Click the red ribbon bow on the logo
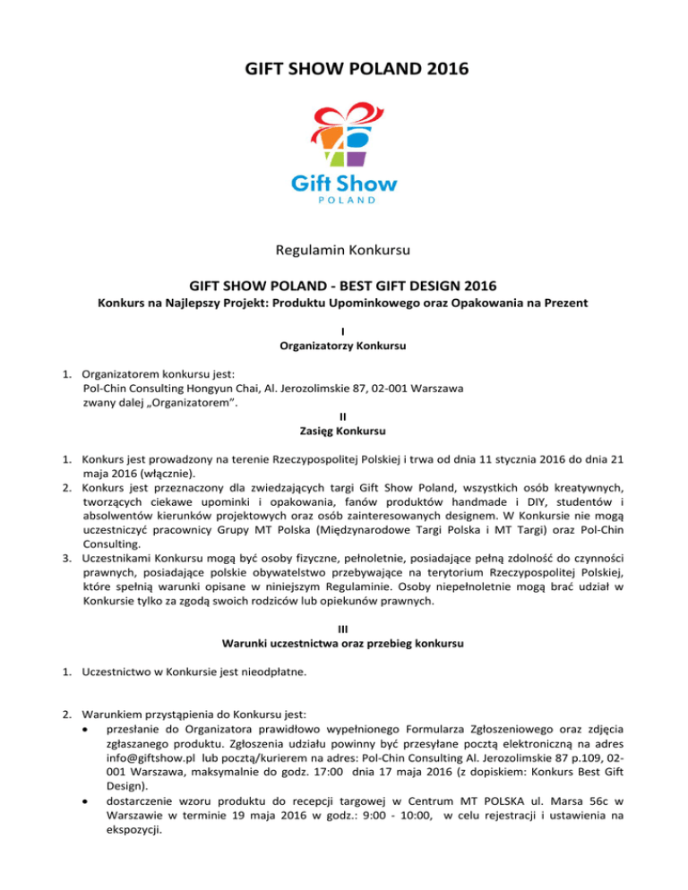tap(343, 114)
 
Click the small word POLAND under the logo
tap(344, 201)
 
